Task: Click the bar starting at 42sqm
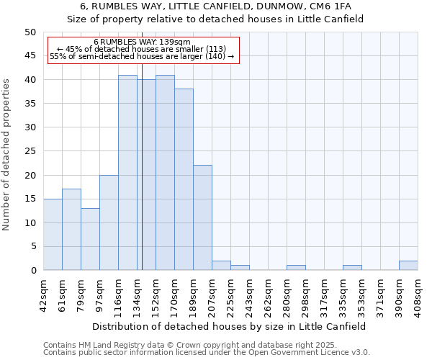[53, 235]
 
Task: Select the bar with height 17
[71, 230]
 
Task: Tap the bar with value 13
[90, 239]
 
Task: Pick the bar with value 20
[109, 222]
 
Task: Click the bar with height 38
[184, 179]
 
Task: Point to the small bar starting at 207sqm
[221, 266]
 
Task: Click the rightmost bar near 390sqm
[408, 266]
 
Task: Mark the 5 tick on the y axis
[33, 247]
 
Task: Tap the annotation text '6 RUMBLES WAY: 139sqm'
[142, 42]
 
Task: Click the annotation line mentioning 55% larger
[142, 56]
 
